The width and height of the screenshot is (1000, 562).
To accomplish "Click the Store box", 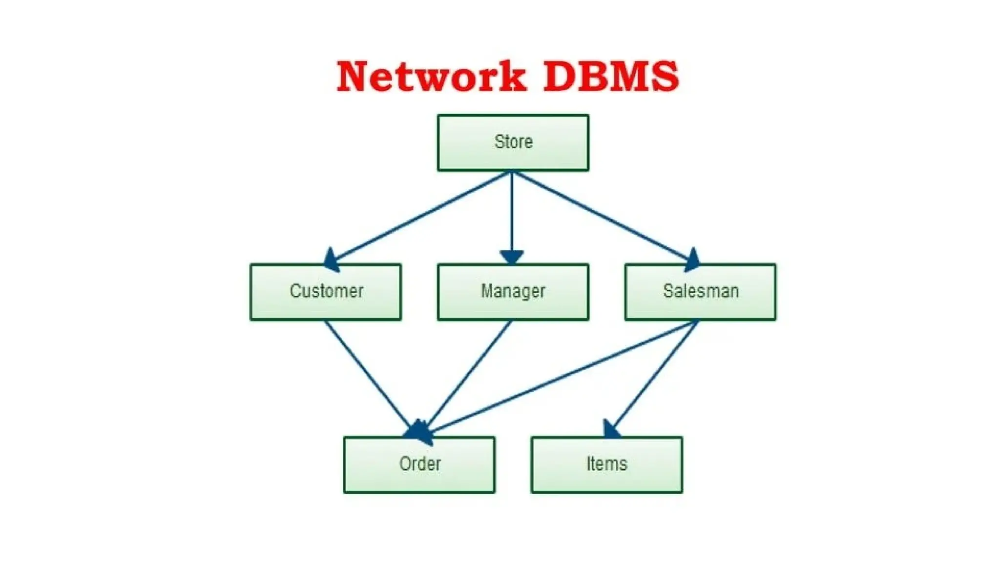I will pos(513,142).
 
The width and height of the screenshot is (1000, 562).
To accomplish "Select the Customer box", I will pos(326,292).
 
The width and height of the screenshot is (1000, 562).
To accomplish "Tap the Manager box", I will pos(513,292).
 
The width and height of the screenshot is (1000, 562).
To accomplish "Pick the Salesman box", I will pos(700,292).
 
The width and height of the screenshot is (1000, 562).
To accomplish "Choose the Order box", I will pos(419,464).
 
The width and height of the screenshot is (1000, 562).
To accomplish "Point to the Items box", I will pos(606,464).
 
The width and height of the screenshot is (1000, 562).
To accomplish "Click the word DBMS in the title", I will pos(610,76).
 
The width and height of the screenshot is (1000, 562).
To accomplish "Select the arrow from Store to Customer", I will pos(420,217).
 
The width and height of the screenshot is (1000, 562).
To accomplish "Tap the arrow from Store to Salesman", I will pos(603,217).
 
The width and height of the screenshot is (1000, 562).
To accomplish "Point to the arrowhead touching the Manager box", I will pos(512,257).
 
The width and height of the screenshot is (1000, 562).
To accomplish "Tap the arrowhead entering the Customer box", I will pos(332,260).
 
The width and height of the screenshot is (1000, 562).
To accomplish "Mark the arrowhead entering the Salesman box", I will pos(692,260).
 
